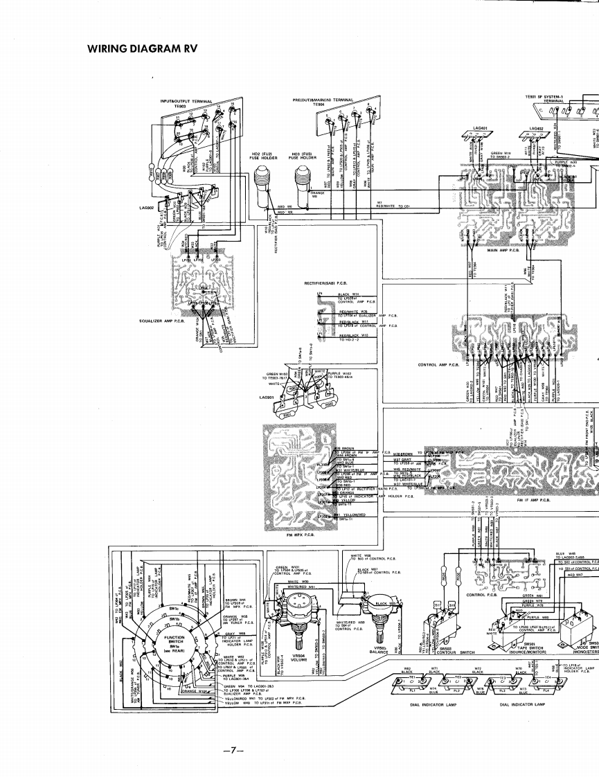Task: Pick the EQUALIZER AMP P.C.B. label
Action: pyautogui.click(x=159, y=321)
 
